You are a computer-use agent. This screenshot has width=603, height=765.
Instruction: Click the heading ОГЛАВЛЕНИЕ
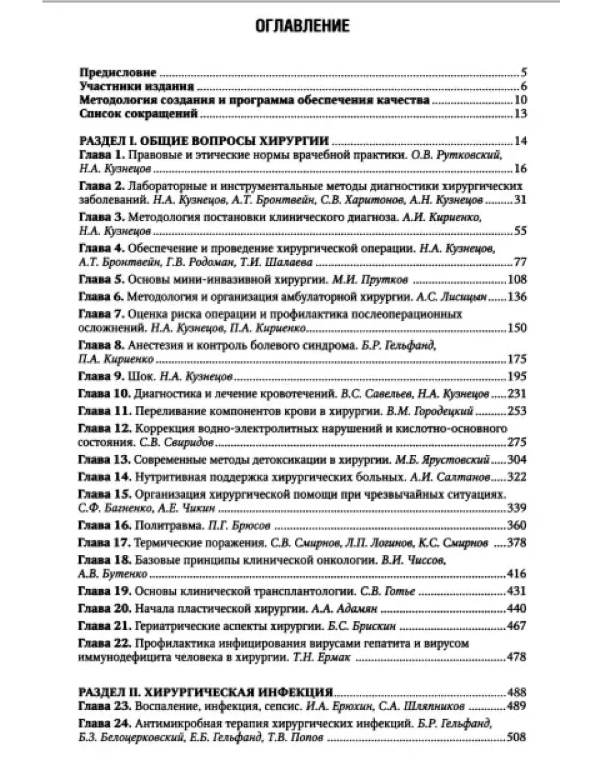[x=301, y=26]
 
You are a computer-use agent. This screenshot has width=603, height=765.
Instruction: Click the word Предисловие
[x=118, y=72]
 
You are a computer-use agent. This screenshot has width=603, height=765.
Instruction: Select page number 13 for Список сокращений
[x=520, y=114]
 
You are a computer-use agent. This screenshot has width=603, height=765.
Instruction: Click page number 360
[x=516, y=525]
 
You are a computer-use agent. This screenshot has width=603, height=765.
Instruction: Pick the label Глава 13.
[x=104, y=459]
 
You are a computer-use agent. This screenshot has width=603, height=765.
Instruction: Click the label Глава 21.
[x=104, y=625]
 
